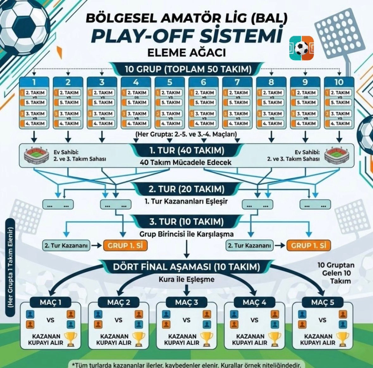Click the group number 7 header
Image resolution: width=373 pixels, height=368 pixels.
click(237, 82)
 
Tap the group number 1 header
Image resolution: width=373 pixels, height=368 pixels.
click(34, 82)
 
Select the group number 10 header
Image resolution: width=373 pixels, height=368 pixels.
click(339, 82)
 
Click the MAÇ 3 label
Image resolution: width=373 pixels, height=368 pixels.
click(187, 302)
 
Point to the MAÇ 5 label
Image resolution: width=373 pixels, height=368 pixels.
click(322, 302)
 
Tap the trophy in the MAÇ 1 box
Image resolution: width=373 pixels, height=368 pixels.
click(70, 339)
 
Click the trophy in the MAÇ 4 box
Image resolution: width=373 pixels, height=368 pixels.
click(274, 339)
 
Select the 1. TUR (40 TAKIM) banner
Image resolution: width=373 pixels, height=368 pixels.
click(187, 150)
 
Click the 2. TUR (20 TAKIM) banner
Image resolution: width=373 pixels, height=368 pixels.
click(187, 189)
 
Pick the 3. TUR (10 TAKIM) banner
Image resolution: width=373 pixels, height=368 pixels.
click(187, 221)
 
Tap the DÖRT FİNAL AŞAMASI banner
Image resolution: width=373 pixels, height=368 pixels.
click(187, 267)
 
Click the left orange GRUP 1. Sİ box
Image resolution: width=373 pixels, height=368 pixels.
click(125, 246)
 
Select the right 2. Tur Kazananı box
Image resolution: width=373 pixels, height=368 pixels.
click(250, 246)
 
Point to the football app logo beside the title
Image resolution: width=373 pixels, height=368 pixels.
click(301, 48)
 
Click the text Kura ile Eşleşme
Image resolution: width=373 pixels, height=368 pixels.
click(187, 279)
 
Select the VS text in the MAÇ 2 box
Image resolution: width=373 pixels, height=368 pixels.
click(119, 320)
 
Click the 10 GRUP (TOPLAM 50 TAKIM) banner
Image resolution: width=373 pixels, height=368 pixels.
click(187, 69)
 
